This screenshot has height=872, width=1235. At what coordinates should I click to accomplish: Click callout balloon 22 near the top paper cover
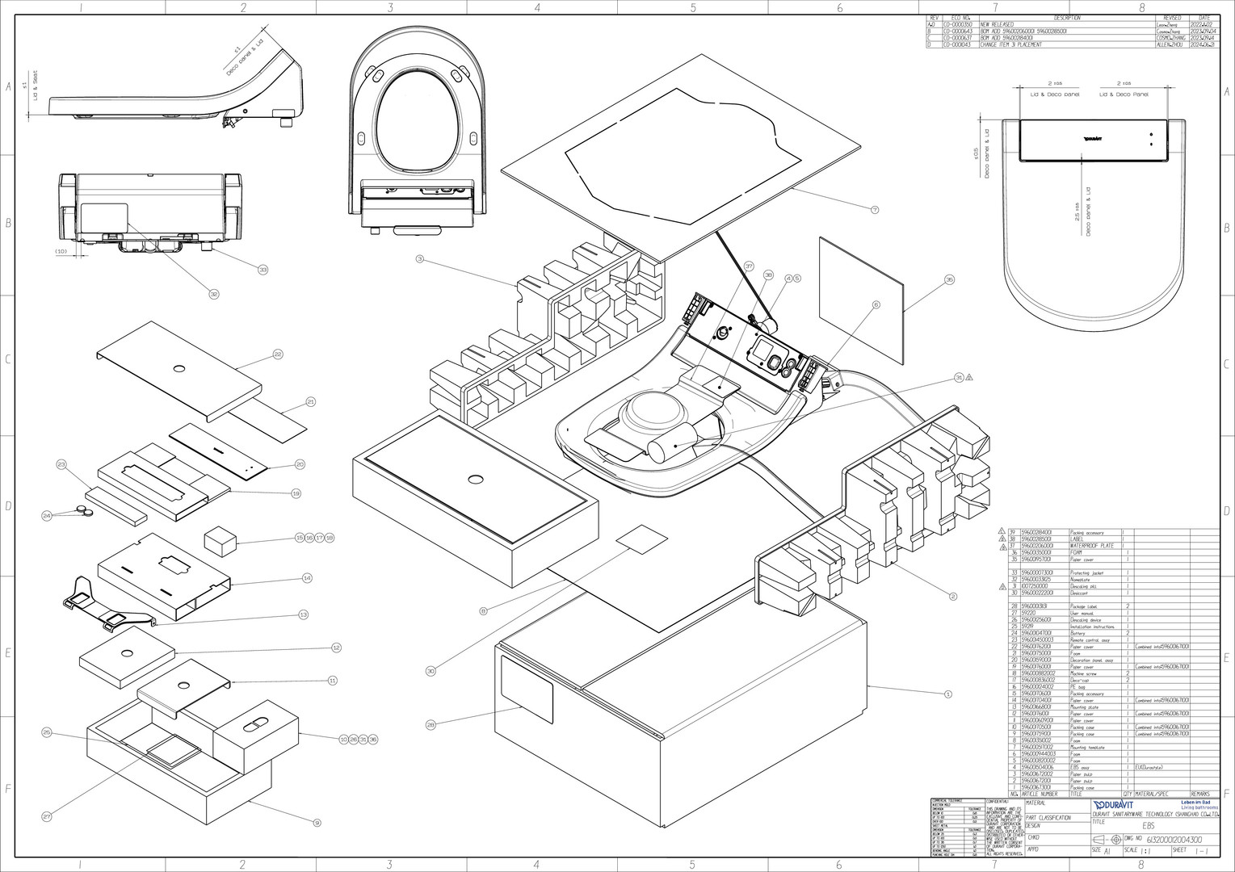coord(277,354)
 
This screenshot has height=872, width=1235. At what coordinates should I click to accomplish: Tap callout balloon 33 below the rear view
coord(263,269)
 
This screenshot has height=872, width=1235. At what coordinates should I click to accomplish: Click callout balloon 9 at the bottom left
coord(317,823)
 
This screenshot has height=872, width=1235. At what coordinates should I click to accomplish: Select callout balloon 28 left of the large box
coord(431,725)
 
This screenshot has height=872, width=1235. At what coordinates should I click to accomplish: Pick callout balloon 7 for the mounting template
coord(874,210)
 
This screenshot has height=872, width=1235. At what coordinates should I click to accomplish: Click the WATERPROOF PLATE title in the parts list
coord(1091,546)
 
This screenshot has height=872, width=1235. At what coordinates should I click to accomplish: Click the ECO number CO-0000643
coord(958,31)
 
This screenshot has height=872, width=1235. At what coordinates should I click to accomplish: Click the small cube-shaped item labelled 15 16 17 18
coord(218,539)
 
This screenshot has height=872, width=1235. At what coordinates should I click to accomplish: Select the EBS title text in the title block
coord(1149,826)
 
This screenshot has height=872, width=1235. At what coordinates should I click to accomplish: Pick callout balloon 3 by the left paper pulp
coord(419,259)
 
